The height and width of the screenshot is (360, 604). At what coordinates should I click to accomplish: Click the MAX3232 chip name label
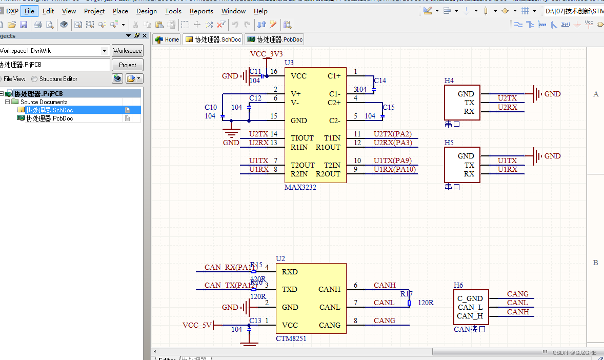pos(300,188)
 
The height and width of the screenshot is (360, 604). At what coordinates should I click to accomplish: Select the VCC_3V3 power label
pos(266,54)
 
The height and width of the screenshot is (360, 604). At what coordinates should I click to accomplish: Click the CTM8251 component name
pos(291,338)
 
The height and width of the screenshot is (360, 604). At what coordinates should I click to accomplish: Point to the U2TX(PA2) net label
pos(392,134)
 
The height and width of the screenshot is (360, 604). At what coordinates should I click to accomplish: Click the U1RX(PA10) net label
pos(394,170)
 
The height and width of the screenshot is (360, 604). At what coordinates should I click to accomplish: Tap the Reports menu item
pos(201,11)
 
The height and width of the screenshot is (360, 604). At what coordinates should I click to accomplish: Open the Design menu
pos(147,11)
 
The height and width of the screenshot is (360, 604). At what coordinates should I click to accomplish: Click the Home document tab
pos(167,39)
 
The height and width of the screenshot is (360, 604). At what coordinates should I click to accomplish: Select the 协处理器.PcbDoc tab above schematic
pos(274,39)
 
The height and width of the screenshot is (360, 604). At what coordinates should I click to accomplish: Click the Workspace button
pos(127,51)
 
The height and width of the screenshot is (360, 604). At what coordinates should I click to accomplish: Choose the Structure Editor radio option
pos(35,79)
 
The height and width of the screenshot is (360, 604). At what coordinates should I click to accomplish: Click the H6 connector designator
pos(458,285)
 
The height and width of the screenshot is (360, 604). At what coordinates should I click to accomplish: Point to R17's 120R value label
pos(426,303)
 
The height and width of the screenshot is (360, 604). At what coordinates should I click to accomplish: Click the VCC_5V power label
pos(197,325)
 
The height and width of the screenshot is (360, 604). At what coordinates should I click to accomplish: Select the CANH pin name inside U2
pos(329,289)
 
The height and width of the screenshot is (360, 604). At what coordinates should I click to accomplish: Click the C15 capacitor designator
pos(389,107)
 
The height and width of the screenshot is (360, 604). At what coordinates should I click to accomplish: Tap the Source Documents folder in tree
pos(44,102)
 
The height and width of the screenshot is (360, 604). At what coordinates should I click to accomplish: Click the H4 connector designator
pos(449,81)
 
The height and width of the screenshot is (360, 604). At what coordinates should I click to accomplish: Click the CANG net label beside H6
pos(517,294)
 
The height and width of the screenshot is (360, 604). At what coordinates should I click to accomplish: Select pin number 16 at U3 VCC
pos(274,72)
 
